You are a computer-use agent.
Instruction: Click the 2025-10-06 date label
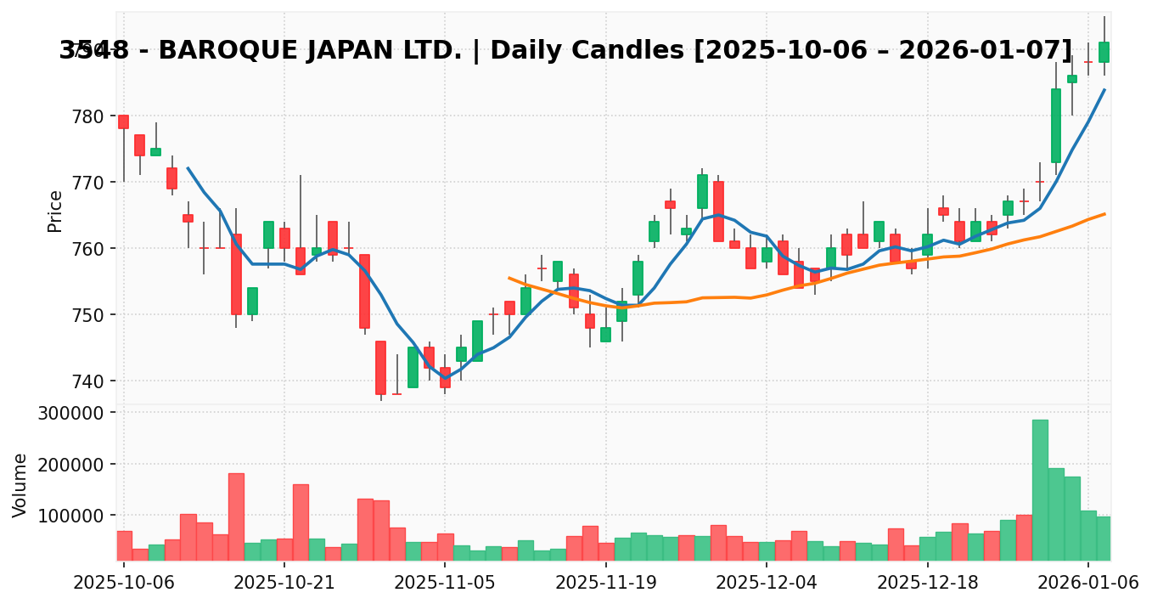point(124,583)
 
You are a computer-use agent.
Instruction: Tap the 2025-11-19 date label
point(606,583)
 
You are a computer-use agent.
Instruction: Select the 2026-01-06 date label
point(1088,583)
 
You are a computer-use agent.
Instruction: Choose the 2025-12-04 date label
point(767,583)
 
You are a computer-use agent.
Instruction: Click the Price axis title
point(55,211)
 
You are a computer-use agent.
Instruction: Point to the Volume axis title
point(20,484)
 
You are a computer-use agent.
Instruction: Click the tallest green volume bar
point(1040,489)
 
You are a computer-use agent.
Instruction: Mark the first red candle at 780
point(124,121)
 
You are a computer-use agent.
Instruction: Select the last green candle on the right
point(1104,52)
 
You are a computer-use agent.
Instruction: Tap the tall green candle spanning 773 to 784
point(1055,126)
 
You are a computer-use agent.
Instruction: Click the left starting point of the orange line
point(509,278)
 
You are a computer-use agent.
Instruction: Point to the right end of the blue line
point(1104,90)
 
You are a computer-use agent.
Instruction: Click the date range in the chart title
point(883,51)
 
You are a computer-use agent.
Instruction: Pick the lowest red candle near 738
point(380,368)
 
